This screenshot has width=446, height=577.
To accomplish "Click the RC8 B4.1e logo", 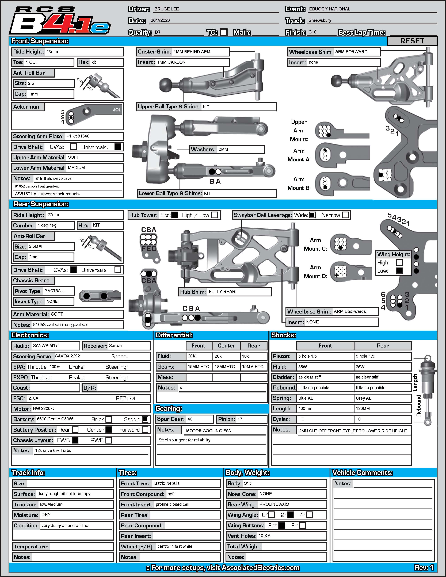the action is [x=60, y=21].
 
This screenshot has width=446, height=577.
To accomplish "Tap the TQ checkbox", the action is [x=224, y=32].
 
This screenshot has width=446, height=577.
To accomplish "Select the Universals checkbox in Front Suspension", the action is [x=118, y=147].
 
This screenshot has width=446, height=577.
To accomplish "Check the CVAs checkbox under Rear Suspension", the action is [x=73, y=270].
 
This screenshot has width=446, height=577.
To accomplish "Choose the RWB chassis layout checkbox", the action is [x=109, y=440].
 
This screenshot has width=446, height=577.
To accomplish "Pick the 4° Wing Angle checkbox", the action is [x=309, y=515].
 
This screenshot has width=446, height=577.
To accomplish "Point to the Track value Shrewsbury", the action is [x=320, y=20].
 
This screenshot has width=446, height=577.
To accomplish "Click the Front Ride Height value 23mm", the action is [x=52, y=52].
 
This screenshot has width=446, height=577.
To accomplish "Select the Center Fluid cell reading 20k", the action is [x=218, y=356].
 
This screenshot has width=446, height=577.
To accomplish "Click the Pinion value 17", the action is [x=240, y=419].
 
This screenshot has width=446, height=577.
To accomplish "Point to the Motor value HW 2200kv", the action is [x=44, y=408].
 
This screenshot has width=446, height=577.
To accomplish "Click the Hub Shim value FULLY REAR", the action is [x=222, y=292].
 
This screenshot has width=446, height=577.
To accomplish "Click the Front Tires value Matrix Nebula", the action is [x=166, y=483].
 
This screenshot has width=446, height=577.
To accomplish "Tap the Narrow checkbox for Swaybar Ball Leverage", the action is [x=345, y=215].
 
